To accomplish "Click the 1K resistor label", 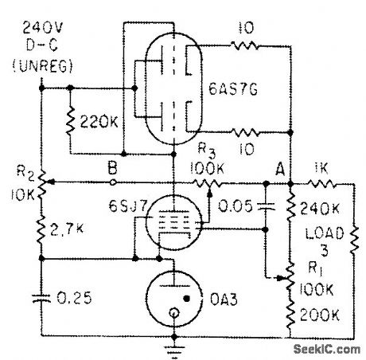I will click(320, 170).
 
